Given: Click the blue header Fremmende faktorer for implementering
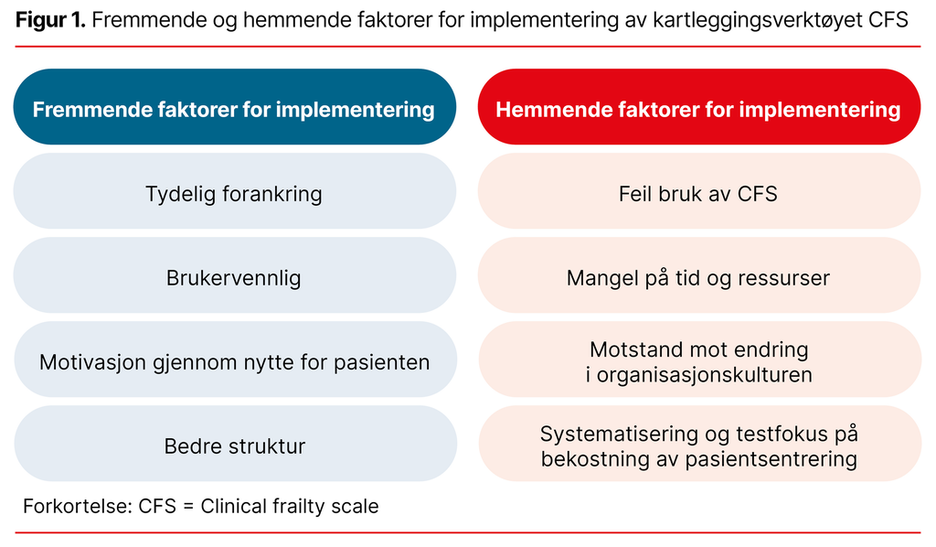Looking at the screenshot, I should [x=234, y=110].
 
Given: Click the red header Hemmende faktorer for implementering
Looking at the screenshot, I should [x=698, y=110].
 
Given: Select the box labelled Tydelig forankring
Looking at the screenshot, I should [x=234, y=194].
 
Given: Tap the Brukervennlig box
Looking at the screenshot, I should [x=234, y=278].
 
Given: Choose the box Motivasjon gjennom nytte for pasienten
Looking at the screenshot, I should [x=234, y=362].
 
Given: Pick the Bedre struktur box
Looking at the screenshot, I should [x=234, y=446].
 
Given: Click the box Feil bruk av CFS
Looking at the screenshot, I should [x=698, y=194].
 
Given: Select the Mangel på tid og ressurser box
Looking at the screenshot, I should [x=698, y=278].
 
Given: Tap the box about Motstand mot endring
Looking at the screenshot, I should [x=698, y=362].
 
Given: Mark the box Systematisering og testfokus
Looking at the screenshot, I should [x=698, y=446].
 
